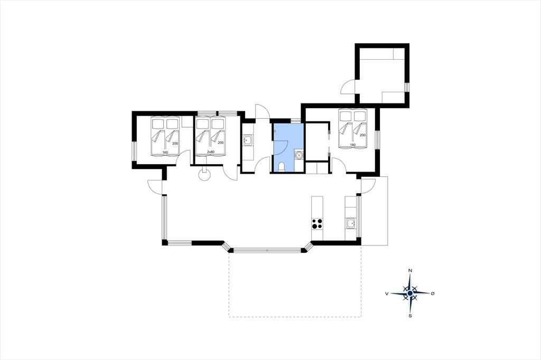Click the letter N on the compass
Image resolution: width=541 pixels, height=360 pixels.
(x=410, y=270)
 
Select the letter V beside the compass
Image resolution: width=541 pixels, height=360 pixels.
(x=387, y=293)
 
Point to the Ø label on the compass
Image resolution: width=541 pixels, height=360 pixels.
(x=433, y=293)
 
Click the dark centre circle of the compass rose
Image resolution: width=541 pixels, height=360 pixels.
(x=410, y=293)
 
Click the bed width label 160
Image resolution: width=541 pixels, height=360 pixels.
(x=165, y=153)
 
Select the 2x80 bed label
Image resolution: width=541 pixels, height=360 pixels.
(x=210, y=152)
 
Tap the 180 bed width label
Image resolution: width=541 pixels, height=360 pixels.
(x=352, y=145)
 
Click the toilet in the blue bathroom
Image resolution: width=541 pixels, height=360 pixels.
(x=282, y=167)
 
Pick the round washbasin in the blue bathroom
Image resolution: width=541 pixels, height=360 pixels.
(x=299, y=156)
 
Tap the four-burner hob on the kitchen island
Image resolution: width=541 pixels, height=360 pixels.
(x=317, y=224)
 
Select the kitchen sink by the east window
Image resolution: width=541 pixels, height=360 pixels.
(x=351, y=224)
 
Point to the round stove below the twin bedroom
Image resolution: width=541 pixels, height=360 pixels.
(x=204, y=175)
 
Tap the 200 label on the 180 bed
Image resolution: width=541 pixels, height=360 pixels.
(x=362, y=135)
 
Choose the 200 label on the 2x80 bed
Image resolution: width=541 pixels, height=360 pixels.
(x=221, y=143)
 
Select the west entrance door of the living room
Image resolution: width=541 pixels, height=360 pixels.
(x=155, y=186)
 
